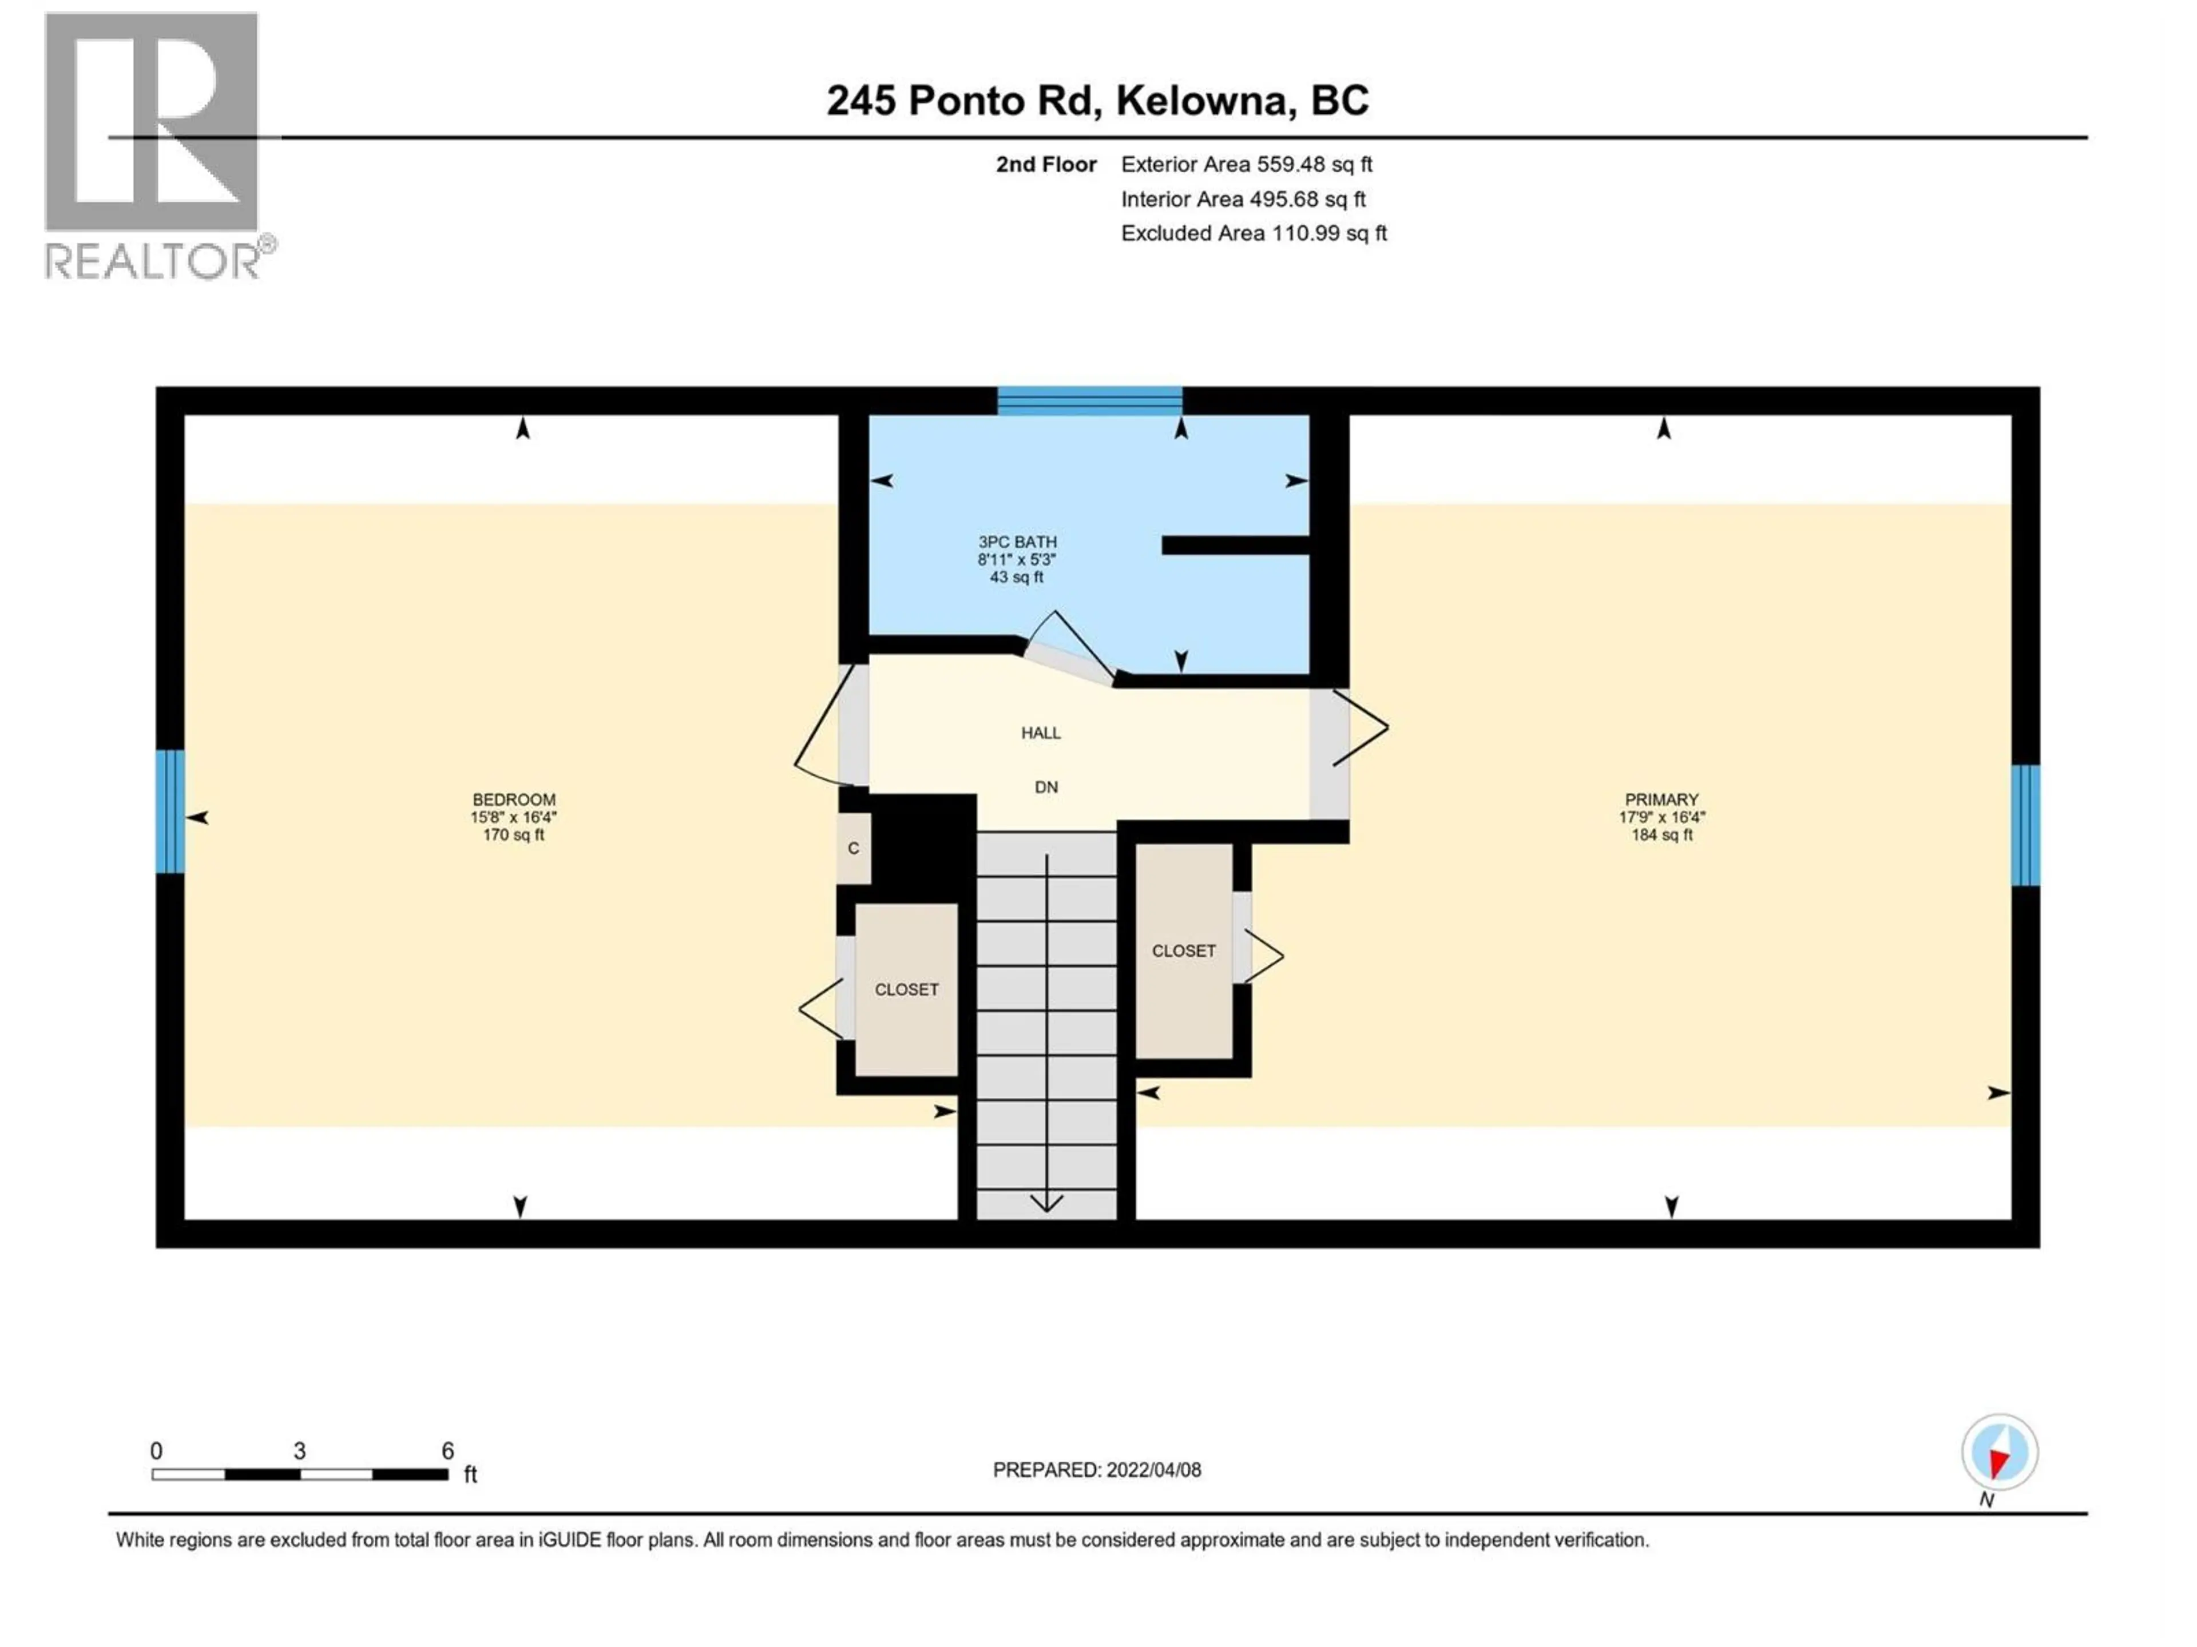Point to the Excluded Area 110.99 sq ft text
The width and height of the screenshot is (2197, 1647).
pos(1254,233)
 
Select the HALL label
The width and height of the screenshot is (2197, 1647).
pos(1041,733)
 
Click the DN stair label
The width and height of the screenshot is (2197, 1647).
pos(1046,787)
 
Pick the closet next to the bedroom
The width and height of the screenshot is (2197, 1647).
pos(906,990)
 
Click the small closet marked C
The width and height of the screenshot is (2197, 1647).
pos(853,849)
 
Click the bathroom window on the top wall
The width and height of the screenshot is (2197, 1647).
pos(1089,401)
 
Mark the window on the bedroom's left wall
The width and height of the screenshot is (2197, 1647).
pos(170,811)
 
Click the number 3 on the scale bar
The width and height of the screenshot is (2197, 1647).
pos(299,1450)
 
